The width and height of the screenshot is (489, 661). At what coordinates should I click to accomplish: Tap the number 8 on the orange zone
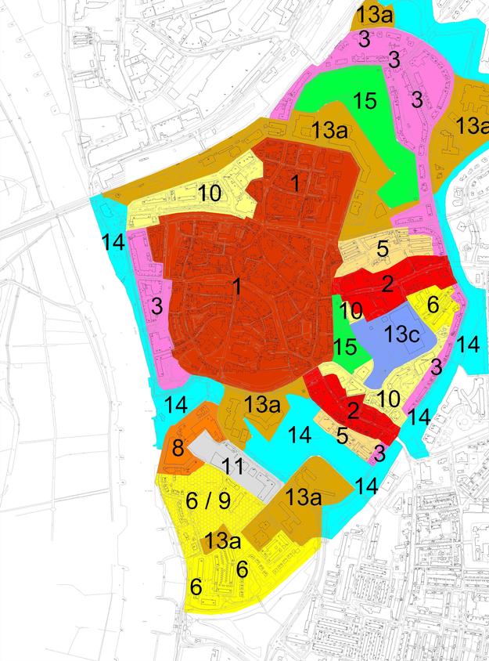click(178, 449)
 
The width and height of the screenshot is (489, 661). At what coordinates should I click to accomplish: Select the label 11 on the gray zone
click(232, 467)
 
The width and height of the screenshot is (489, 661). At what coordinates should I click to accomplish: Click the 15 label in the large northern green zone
click(365, 100)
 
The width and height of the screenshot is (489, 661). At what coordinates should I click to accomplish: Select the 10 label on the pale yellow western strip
click(209, 193)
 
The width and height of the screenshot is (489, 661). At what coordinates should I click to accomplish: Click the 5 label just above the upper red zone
click(382, 249)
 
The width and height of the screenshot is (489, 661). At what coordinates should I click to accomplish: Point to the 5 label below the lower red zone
click(342, 435)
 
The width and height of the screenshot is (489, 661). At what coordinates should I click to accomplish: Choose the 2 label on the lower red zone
click(352, 410)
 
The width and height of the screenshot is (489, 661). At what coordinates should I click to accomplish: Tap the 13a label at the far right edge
click(473, 125)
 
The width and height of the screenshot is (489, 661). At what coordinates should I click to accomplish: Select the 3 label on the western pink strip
click(158, 305)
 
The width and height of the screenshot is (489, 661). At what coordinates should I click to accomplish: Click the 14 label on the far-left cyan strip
click(113, 242)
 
